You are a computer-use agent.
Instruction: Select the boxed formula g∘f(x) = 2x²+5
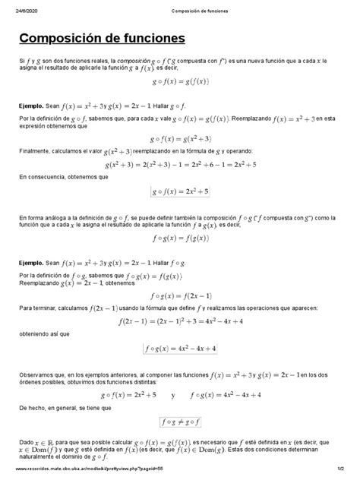180,191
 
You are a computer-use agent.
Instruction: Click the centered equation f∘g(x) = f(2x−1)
180,294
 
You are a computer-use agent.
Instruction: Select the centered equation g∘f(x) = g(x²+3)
180,138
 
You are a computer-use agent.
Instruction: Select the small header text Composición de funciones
180,10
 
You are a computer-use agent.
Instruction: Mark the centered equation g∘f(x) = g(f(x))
180,79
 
